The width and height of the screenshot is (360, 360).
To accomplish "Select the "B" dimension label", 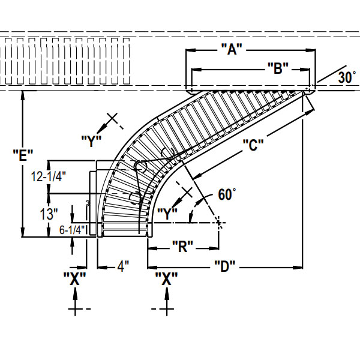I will click(278, 69).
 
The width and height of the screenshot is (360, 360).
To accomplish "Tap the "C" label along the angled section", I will click(254, 145).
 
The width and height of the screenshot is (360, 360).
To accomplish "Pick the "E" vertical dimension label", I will click(23, 155).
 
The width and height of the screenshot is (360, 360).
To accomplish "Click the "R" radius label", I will click(182, 245).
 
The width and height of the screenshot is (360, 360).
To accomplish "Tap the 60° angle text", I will click(227, 194).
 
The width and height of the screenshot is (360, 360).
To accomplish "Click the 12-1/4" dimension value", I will click(48, 176).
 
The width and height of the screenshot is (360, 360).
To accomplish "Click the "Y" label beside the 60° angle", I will click(167, 212).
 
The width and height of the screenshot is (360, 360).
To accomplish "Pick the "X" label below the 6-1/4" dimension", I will click(74, 278).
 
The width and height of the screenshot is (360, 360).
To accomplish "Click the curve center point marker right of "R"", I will click(220, 223).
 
